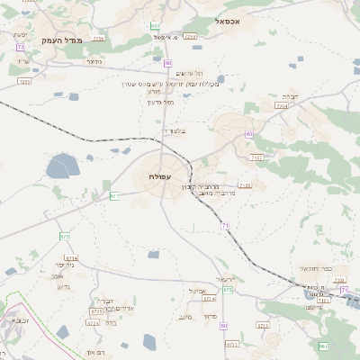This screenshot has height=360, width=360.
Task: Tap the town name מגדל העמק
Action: pos(62,40)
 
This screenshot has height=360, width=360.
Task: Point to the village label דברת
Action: pos(289,95)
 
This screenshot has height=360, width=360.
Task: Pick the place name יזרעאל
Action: pos(226,278)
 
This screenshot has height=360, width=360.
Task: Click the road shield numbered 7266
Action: pos(190,37)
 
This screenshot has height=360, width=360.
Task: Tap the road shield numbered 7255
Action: pos(24,81)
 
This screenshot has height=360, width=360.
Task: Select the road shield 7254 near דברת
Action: pos(282,106)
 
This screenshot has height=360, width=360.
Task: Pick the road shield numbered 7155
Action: pos(246,185)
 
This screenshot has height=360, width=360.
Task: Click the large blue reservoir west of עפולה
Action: pos(63,166)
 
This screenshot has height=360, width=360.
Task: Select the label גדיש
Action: pos(62,285)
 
